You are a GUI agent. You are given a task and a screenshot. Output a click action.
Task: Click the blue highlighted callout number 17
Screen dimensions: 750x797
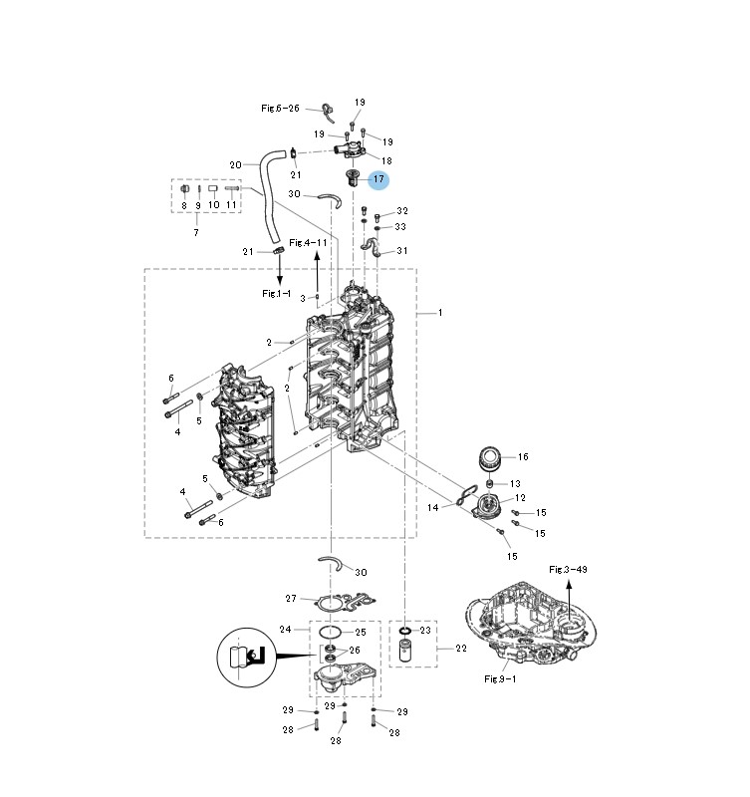[378, 179]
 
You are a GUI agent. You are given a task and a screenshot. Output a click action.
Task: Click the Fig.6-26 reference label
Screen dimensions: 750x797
[280, 109]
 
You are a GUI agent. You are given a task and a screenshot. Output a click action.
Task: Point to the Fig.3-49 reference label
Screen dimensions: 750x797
[568, 569]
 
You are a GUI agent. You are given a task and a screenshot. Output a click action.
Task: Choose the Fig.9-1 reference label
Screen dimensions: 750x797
[500, 678]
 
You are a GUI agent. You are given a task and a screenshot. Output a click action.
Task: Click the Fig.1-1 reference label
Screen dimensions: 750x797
[277, 293]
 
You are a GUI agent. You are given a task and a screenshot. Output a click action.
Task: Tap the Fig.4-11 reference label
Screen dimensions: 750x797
[308, 242]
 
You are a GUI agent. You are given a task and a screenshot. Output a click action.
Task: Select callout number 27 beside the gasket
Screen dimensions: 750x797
[291, 599]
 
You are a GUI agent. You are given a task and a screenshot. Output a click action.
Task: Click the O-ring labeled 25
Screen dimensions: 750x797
[330, 633]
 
